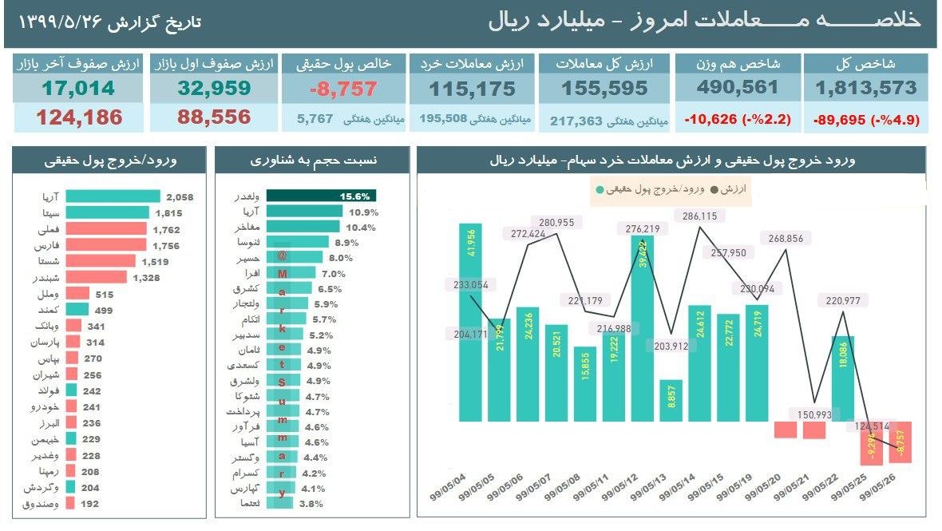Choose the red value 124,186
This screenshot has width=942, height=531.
point(78,117)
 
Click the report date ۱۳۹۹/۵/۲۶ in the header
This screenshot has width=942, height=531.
point(61,22)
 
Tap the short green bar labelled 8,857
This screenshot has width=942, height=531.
point(671,400)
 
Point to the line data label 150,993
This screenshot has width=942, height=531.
point(813,414)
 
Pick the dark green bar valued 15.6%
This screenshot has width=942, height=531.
point(321,196)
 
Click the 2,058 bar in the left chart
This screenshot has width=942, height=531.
point(112,196)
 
